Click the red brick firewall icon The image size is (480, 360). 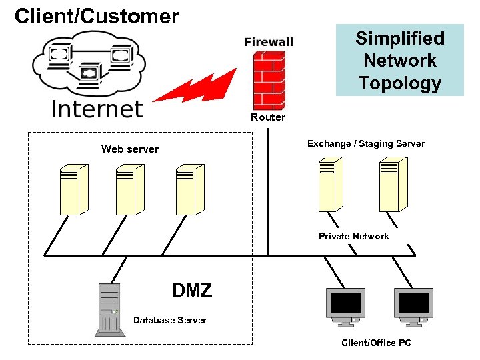(x=268, y=80)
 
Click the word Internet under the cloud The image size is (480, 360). (x=97, y=109)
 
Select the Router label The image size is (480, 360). (x=268, y=117)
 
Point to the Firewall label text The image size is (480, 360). (x=269, y=42)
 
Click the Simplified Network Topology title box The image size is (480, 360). (x=399, y=60)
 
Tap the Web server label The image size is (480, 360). (x=130, y=149)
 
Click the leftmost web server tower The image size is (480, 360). (x=73, y=189)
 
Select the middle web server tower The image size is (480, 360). (x=130, y=189)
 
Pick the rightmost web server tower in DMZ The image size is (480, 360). (x=189, y=189)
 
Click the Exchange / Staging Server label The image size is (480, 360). (x=366, y=143)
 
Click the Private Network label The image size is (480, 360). (x=353, y=236)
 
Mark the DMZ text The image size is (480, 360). (x=192, y=291)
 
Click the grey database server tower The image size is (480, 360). (x=109, y=309)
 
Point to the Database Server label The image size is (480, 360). (x=170, y=320)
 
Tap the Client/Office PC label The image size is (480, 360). (x=376, y=343)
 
